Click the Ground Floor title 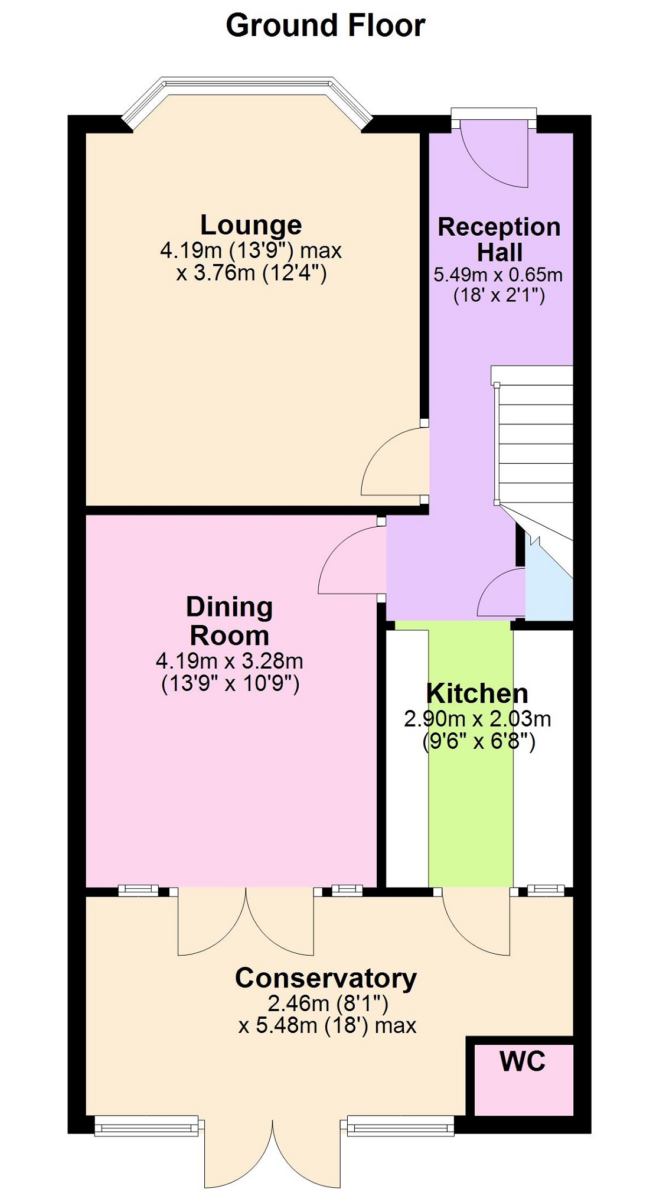(x=325, y=26)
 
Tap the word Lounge (x=251, y=225)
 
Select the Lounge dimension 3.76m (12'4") (x=252, y=273)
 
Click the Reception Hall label (x=499, y=239)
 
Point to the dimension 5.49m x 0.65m (x=498, y=275)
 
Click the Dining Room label (x=230, y=621)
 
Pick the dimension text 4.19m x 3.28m (x=230, y=660)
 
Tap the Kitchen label (x=477, y=693)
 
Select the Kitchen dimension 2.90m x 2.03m (x=478, y=719)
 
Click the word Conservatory (x=326, y=979)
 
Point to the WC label (x=523, y=1061)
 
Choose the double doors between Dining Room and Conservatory (x=246, y=921)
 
